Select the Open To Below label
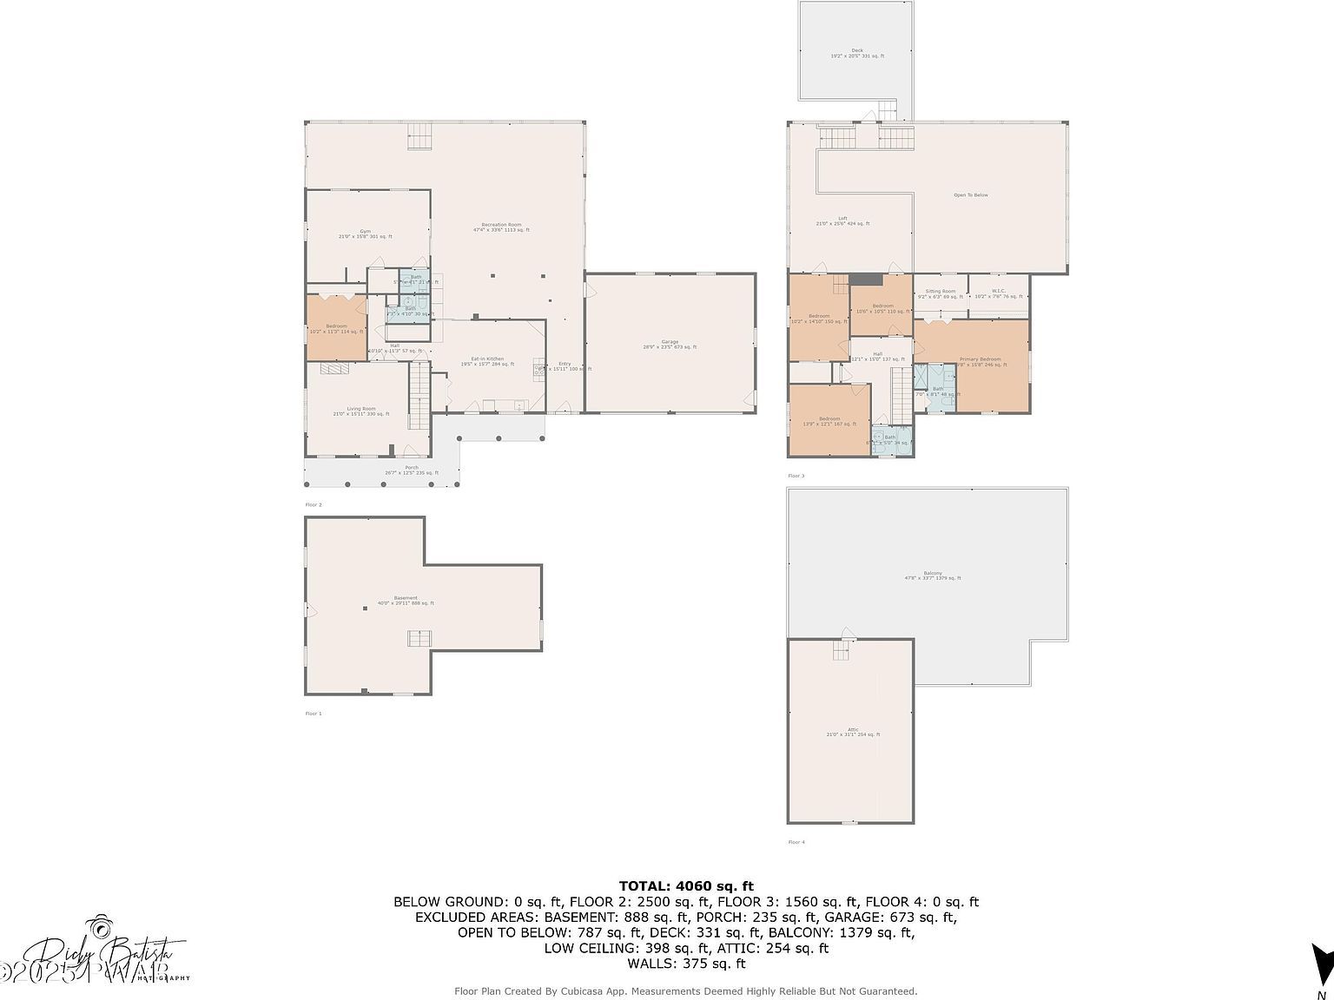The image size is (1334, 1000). (x=971, y=195)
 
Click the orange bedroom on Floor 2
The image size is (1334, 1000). (x=336, y=328)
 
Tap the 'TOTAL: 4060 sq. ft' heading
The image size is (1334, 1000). (x=685, y=886)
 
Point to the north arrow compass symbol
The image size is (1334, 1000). (x=1322, y=964)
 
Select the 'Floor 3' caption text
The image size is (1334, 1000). (x=796, y=476)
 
